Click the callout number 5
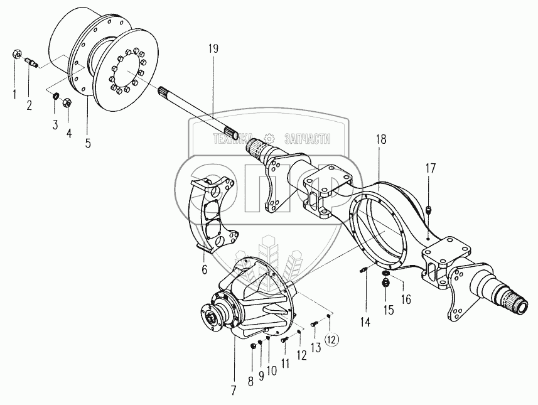pyautogui.click(x=87, y=143)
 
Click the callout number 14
pyautogui.click(x=365, y=322)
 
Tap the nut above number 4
pyautogui.click(x=69, y=101)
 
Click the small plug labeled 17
pyautogui.click(x=428, y=210)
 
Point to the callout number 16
pyautogui.click(x=406, y=300)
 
